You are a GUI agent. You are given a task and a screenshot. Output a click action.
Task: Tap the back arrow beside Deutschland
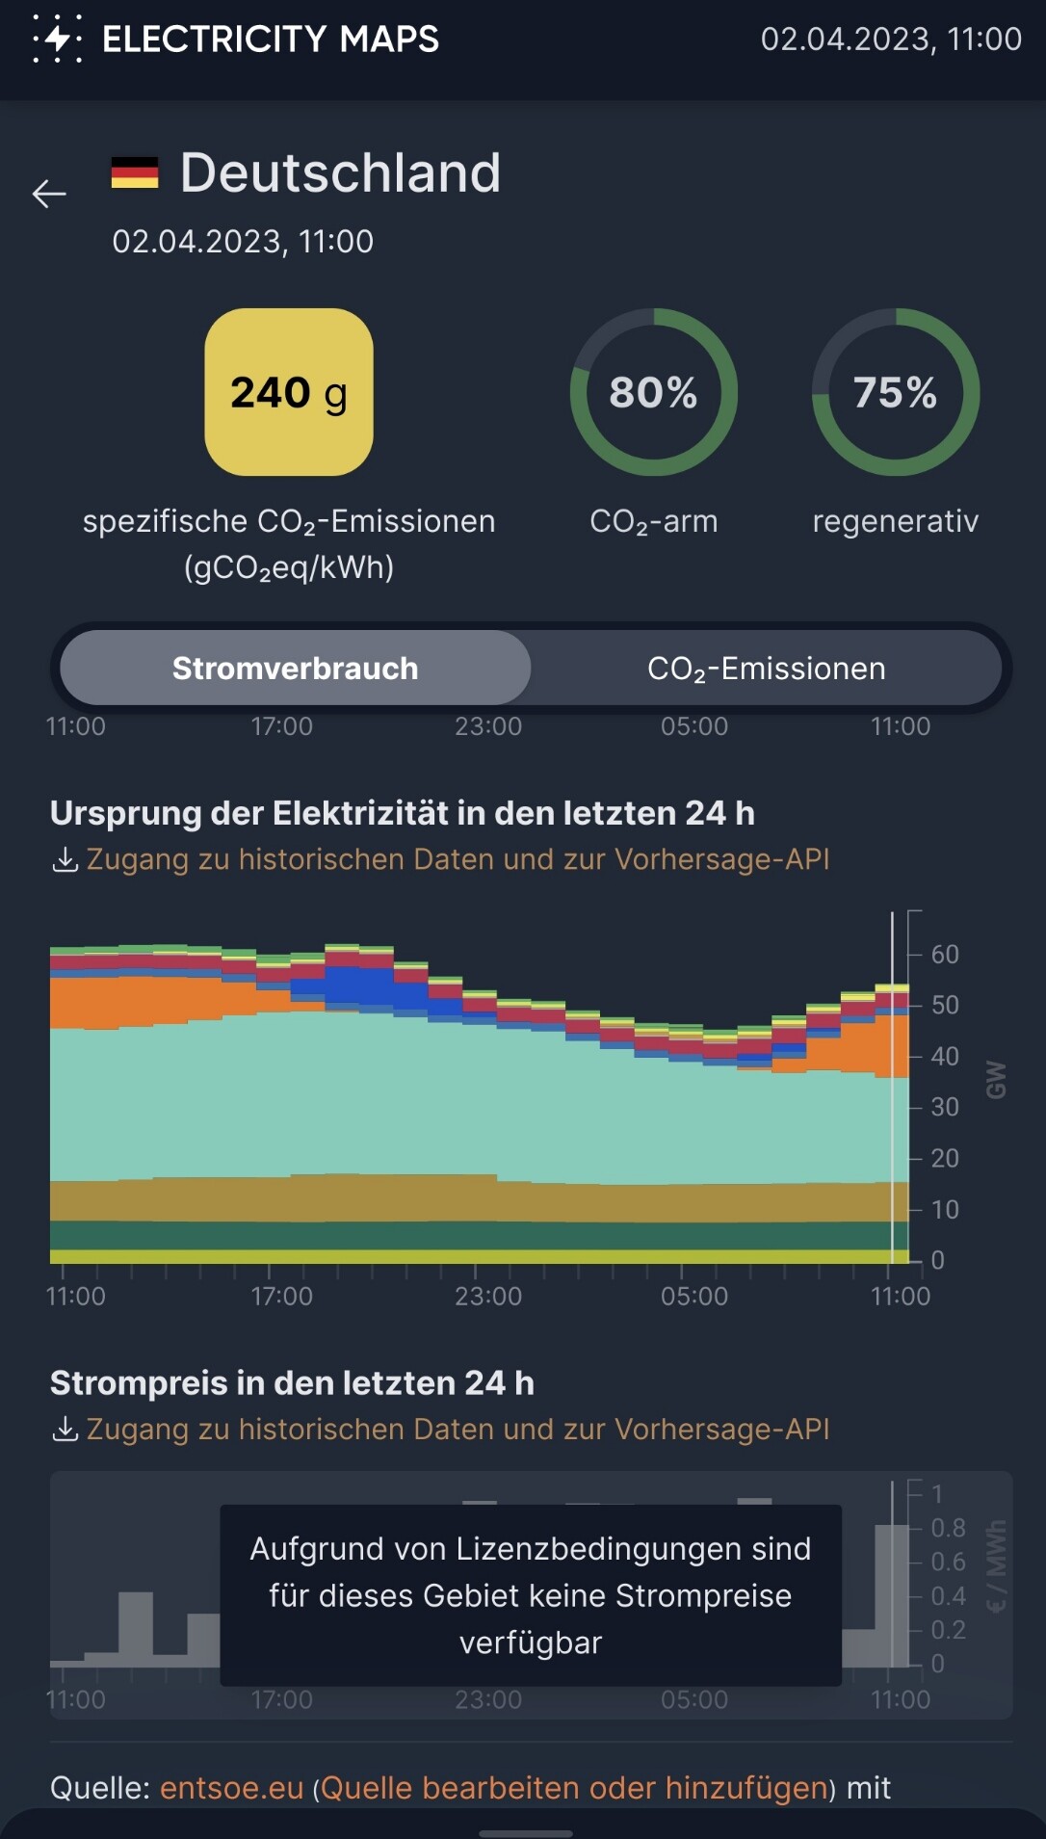49,194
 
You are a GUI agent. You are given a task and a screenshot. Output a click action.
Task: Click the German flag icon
135,173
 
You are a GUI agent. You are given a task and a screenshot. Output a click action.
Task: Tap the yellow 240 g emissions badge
289,392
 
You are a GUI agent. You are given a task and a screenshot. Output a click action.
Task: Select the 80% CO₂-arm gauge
654,392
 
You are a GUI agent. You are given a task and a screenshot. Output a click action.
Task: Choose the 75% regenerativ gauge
896,392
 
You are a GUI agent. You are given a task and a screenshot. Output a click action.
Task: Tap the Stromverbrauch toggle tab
295,669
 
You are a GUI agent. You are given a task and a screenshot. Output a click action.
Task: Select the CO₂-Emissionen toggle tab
766,669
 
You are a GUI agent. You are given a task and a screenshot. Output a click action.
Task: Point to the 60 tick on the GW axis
944,955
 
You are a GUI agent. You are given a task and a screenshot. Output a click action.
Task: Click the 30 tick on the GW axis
944,1108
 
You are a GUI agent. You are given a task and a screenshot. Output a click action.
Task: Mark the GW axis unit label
996,1080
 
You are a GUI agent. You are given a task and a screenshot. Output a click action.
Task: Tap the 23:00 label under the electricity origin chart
488,1297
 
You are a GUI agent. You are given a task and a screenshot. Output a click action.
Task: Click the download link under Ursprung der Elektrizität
458,859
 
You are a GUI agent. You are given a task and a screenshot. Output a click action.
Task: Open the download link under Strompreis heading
458,1430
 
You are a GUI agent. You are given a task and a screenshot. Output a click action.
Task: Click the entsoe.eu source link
231,1788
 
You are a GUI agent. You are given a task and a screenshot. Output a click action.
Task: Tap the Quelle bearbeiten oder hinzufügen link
574,1788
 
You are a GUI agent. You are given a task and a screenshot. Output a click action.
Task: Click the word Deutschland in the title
340,173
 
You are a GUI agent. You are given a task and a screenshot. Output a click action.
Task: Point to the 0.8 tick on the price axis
948,1528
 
